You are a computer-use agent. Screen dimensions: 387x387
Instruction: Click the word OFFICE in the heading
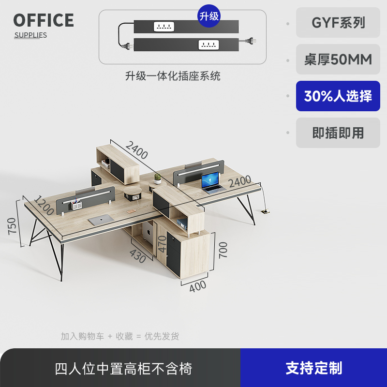point(44,20)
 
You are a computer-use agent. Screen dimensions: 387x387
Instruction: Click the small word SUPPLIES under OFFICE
point(30,35)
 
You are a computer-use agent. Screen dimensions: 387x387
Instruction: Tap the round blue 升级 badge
point(209,15)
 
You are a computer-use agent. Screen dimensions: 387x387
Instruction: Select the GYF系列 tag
point(338,23)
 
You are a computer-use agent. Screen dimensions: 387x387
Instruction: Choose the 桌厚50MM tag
point(338,60)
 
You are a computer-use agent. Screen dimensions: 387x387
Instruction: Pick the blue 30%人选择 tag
point(338,96)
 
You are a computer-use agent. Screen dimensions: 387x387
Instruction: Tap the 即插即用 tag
point(338,133)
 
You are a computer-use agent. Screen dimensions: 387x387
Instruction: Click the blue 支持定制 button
point(313,368)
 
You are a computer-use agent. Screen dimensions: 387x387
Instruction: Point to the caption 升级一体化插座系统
point(173,76)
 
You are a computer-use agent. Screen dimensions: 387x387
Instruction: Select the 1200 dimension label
point(44,206)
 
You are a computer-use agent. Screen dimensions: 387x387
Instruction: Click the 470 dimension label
point(162,244)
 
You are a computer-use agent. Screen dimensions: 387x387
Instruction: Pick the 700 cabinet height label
point(223,250)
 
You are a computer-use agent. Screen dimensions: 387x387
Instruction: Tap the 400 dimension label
point(197,286)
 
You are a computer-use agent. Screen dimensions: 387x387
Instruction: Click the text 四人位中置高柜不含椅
point(123,369)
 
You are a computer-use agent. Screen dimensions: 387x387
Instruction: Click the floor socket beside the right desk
point(265,211)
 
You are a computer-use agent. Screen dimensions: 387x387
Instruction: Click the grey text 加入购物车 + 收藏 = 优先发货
point(120,336)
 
